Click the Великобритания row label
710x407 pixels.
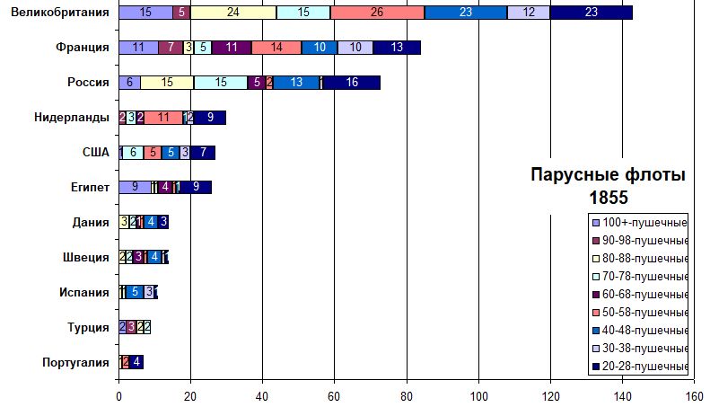tap(56, 13)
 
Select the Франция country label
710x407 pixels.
tap(82, 48)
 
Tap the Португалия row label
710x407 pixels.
tap(76, 362)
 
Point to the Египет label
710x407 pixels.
tap(91, 187)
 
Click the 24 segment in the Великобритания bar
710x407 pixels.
tap(233, 13)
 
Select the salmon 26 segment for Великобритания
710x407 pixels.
tap(377, 13)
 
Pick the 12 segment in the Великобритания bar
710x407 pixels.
tap(530, 13)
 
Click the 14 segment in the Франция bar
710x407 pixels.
tap(276, 48)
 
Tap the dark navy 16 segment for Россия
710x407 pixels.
tap(351, 83)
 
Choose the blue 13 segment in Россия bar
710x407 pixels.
tap(296, 83)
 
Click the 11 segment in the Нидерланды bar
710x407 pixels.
tap(163, 117)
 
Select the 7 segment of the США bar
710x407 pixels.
tap(203, 152)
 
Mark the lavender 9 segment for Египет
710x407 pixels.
tap(135, 187)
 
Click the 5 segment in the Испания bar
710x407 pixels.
tap(135, 292)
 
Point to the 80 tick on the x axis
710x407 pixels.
tap(406, 394)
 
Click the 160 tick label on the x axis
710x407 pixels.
tap(693, 394)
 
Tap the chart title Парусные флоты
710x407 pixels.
tap(608, 176)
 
